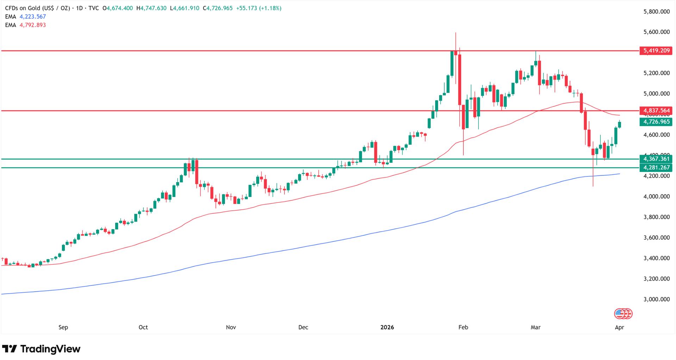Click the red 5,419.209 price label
[x=656, y=51]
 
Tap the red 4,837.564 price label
[x=656, y=111]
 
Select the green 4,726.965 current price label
[x=656, y=122]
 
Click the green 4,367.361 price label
[x=656, y=159]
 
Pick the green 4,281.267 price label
[x=656, y=168]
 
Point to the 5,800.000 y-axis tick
[x=656, y=12]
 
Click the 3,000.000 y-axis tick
[x=656, y=299]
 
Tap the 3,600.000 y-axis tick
[x=656, y=238]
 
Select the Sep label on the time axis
[x=63, y=327]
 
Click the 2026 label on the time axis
[x=387, y=327]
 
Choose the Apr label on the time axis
[x=619, y=327]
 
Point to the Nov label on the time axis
[x=231, y=327]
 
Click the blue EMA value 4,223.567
[x=33, y=17]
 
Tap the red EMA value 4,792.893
[x=33, y=25]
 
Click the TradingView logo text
[x=50, y=349]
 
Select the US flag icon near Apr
[x=619, y=313]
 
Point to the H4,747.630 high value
[x=154, y=8]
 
